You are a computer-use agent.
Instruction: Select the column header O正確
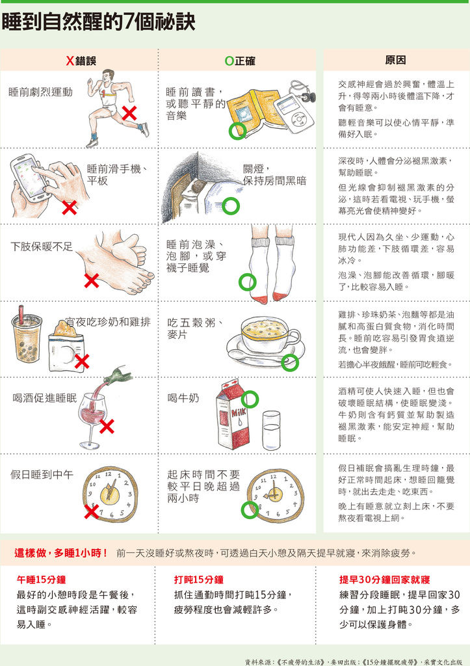[x=240, y=61]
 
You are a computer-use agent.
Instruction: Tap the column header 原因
[x=395, y=60]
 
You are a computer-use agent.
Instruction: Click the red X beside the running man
[x=129, y=114]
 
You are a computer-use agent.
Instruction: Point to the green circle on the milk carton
[x=250, y=398]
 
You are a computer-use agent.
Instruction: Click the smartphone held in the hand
[x=30, y=176]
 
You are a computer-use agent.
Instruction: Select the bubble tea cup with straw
[x=27, y=337]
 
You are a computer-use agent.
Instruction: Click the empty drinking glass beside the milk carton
[x=271, y=430]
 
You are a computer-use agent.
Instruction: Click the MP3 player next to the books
[x=294, y=112]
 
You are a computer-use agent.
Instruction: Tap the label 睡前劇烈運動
[x=40, y=92]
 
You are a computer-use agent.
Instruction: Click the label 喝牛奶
[x=183, y=398]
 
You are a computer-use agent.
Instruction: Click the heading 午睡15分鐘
[x=41, y=579]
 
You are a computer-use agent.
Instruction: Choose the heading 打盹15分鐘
[x=199, y=579]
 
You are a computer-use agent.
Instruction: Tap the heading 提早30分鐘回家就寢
[x=384, y=579]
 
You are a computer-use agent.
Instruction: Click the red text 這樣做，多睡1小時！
[x=61, y=553]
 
